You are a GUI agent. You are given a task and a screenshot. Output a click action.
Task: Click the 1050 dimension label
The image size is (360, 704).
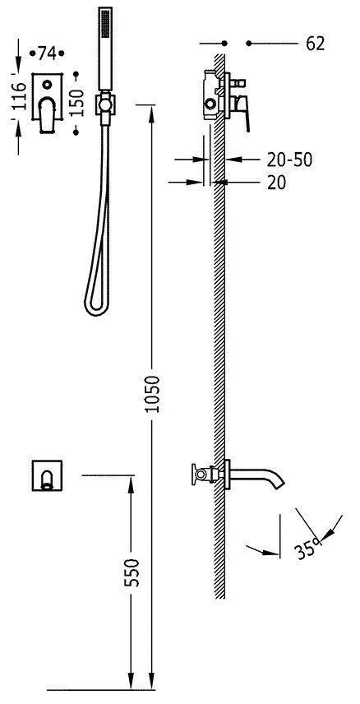click(x=153, y=394)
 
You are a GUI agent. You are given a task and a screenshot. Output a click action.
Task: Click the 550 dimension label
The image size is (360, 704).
click(x=132, y=572)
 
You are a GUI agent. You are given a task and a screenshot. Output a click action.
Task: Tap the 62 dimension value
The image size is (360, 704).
click(x=315, y=44)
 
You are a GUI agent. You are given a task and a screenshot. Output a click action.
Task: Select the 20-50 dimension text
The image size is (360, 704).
click(x=289, y=160)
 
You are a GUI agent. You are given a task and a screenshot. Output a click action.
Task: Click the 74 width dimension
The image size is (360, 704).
click(x=47, y=53)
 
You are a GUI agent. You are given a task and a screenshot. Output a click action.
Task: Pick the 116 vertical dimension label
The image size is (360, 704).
click(x=18, y=96)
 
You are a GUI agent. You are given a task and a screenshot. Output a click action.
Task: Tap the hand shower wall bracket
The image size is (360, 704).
click(x=105, y=104)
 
